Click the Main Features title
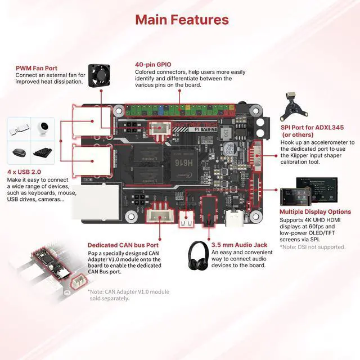182,20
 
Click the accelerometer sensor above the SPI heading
291,104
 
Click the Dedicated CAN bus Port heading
123,245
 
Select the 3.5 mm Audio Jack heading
239,245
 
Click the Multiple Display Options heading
315,212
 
